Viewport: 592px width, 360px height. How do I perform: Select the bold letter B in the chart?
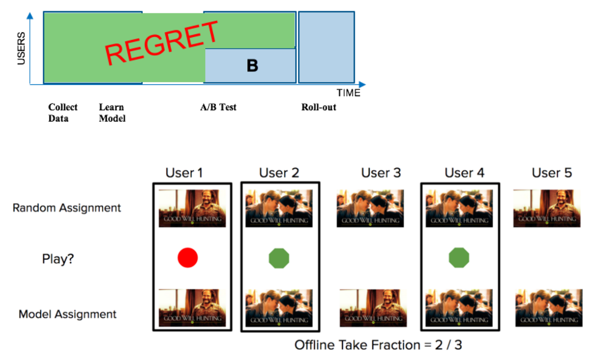[x=252, y=66]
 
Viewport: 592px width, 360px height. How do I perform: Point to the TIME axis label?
[x=348, y=93]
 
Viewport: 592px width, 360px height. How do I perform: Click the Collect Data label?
[x=62, y=112]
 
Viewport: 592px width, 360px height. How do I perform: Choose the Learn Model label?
[x=112, y=112]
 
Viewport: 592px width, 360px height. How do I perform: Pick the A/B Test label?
[x=218, y=107]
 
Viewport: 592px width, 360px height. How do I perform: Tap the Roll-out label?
[x=318, y=107]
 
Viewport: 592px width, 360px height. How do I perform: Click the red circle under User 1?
[x=188, y=258]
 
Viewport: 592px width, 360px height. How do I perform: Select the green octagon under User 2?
[x=278, y=258]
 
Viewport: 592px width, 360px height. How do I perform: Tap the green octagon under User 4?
[x=459, y=258]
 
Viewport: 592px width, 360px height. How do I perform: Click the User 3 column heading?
[x=381, y=173]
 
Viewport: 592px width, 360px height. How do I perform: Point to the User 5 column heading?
[x=552, y=173]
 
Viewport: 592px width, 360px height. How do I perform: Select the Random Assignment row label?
[x=66, y=208]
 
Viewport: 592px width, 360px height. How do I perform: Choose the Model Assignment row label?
[x=67, y=314]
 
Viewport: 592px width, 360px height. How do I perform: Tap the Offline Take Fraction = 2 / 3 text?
[x=378, y=344]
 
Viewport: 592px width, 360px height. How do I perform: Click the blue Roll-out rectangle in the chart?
[x=326, y=48]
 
